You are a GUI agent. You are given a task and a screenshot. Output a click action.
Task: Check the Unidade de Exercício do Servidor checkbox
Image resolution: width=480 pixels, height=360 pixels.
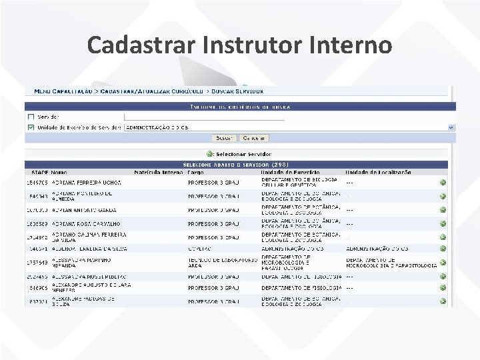point(31,127)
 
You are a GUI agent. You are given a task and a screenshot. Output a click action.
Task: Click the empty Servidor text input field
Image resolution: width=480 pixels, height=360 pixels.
point(203,117)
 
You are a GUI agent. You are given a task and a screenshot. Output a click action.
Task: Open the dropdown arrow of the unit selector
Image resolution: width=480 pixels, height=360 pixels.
point(451,127)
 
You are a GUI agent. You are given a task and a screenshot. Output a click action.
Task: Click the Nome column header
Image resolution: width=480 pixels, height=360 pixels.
point(59,172)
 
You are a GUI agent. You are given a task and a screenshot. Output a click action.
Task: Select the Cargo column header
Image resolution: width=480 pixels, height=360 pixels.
point(197,172)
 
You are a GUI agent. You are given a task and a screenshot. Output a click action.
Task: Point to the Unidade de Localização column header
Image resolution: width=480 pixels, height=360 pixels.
point(378,172)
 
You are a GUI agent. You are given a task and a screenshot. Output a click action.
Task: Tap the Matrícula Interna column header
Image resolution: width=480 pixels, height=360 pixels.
point(158,172)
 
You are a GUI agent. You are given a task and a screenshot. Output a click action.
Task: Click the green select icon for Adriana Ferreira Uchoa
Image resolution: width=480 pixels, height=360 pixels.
point(443,183)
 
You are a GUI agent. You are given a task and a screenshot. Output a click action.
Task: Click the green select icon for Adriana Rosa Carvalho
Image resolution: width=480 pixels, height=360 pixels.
point(443,224)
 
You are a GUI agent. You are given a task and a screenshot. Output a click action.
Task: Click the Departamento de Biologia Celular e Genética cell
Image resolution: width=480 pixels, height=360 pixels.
point(299,183)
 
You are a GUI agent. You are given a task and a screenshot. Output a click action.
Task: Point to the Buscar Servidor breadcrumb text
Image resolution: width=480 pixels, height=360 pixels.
point(238,91)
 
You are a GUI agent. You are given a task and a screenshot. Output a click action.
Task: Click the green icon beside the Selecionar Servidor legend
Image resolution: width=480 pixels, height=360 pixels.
point(209,154)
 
